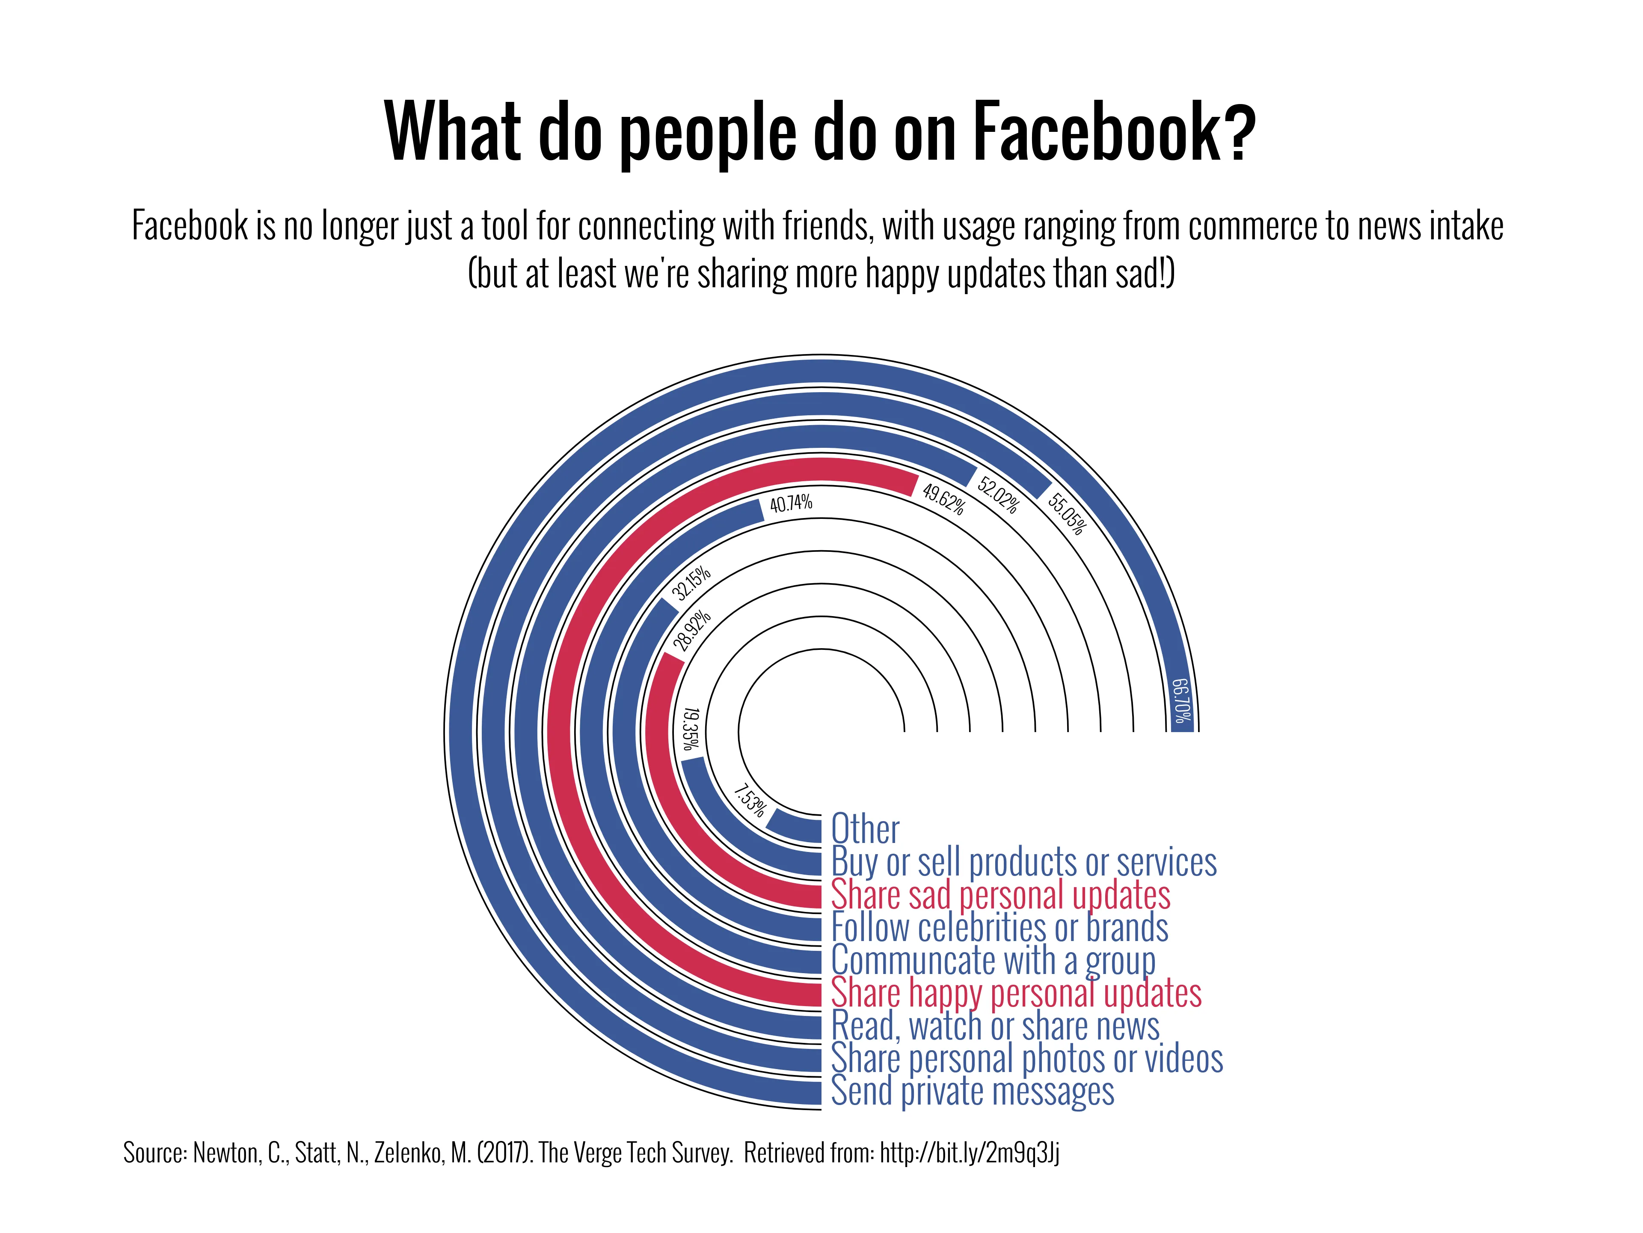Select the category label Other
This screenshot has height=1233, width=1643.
point(865,829)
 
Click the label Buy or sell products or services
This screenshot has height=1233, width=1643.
point(1023,862)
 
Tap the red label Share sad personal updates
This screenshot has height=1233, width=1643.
point(1000,895)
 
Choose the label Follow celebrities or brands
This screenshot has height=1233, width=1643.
point(999,928)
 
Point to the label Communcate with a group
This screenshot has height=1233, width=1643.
point(993,960)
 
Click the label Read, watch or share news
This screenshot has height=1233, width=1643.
point(995,1026)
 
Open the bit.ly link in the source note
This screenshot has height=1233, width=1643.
point(969,1153)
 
